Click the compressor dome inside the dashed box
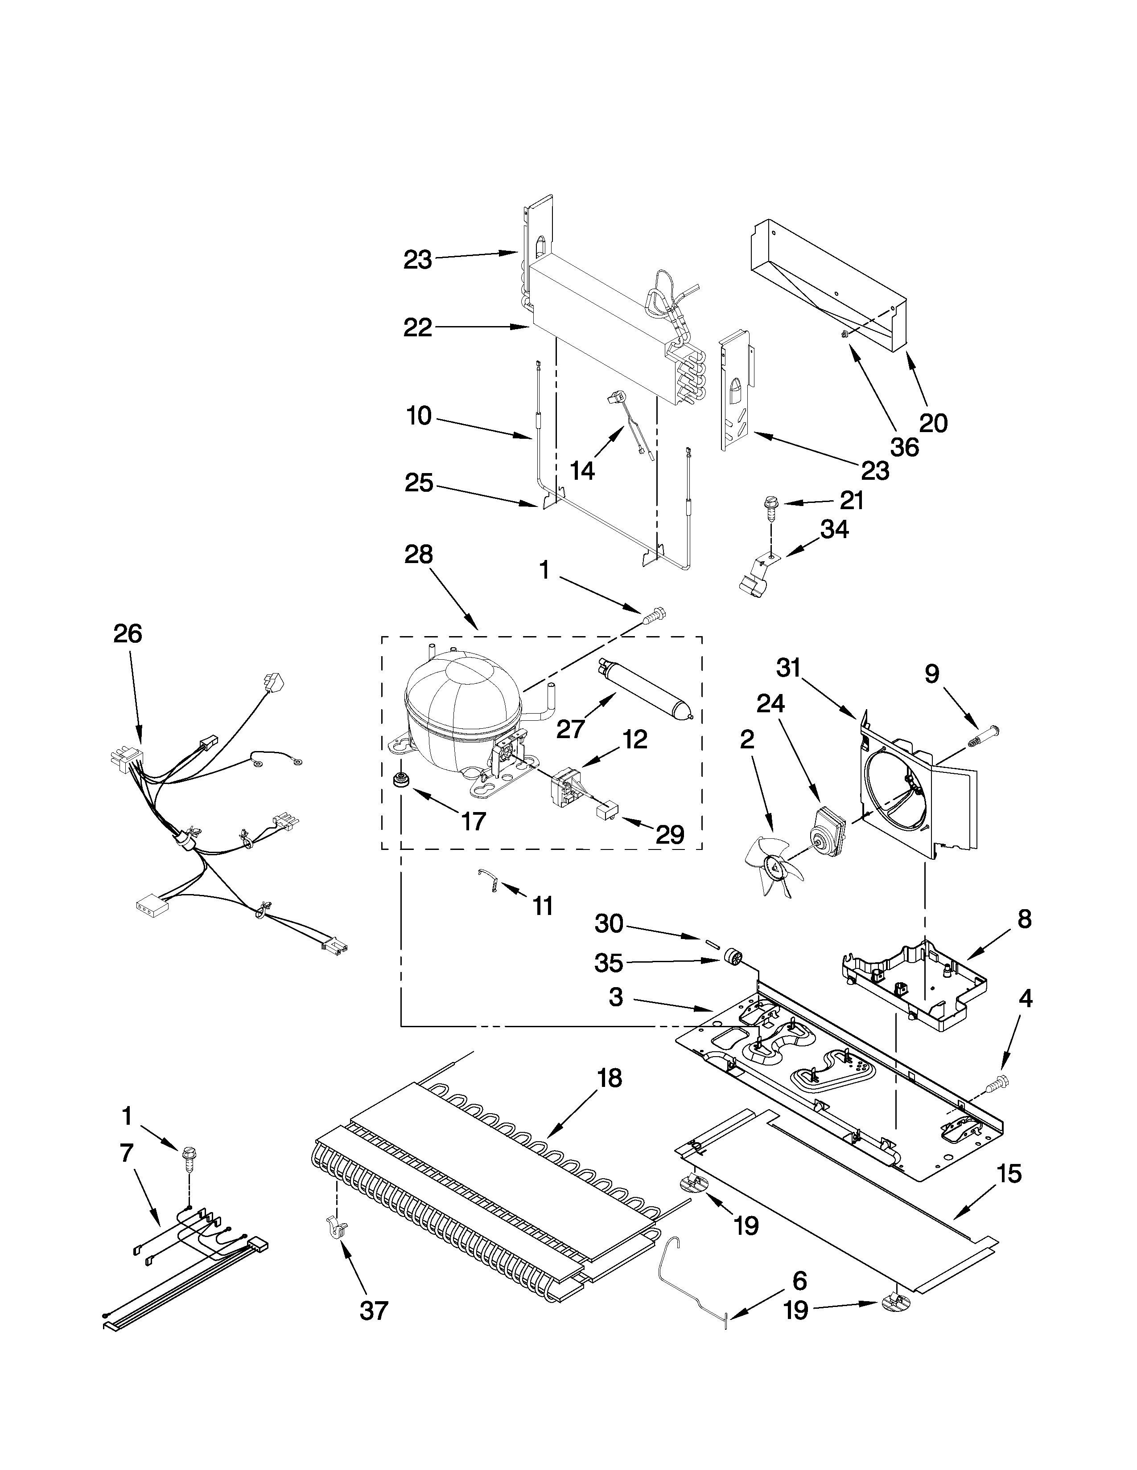coord(461,700)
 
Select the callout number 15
coord(1008,1174)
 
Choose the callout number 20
coord(933,423)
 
